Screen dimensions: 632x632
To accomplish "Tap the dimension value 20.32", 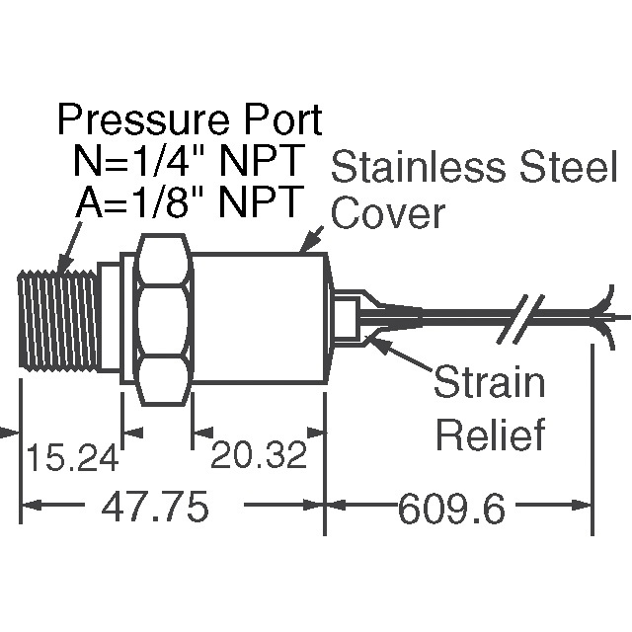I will (x=257, y=457).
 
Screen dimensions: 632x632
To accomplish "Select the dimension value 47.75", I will (x=156, y=509).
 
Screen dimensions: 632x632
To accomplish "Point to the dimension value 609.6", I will (x=451, y=510).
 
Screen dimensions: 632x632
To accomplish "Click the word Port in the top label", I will (x=272, y=121).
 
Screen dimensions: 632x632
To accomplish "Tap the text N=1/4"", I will (x=131, y=161).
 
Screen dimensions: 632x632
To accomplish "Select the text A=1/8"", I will (x=131, y=201).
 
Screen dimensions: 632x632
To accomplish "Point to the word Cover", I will (x=388, y=211).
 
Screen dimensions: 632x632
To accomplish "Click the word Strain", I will (x=490, y=383).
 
